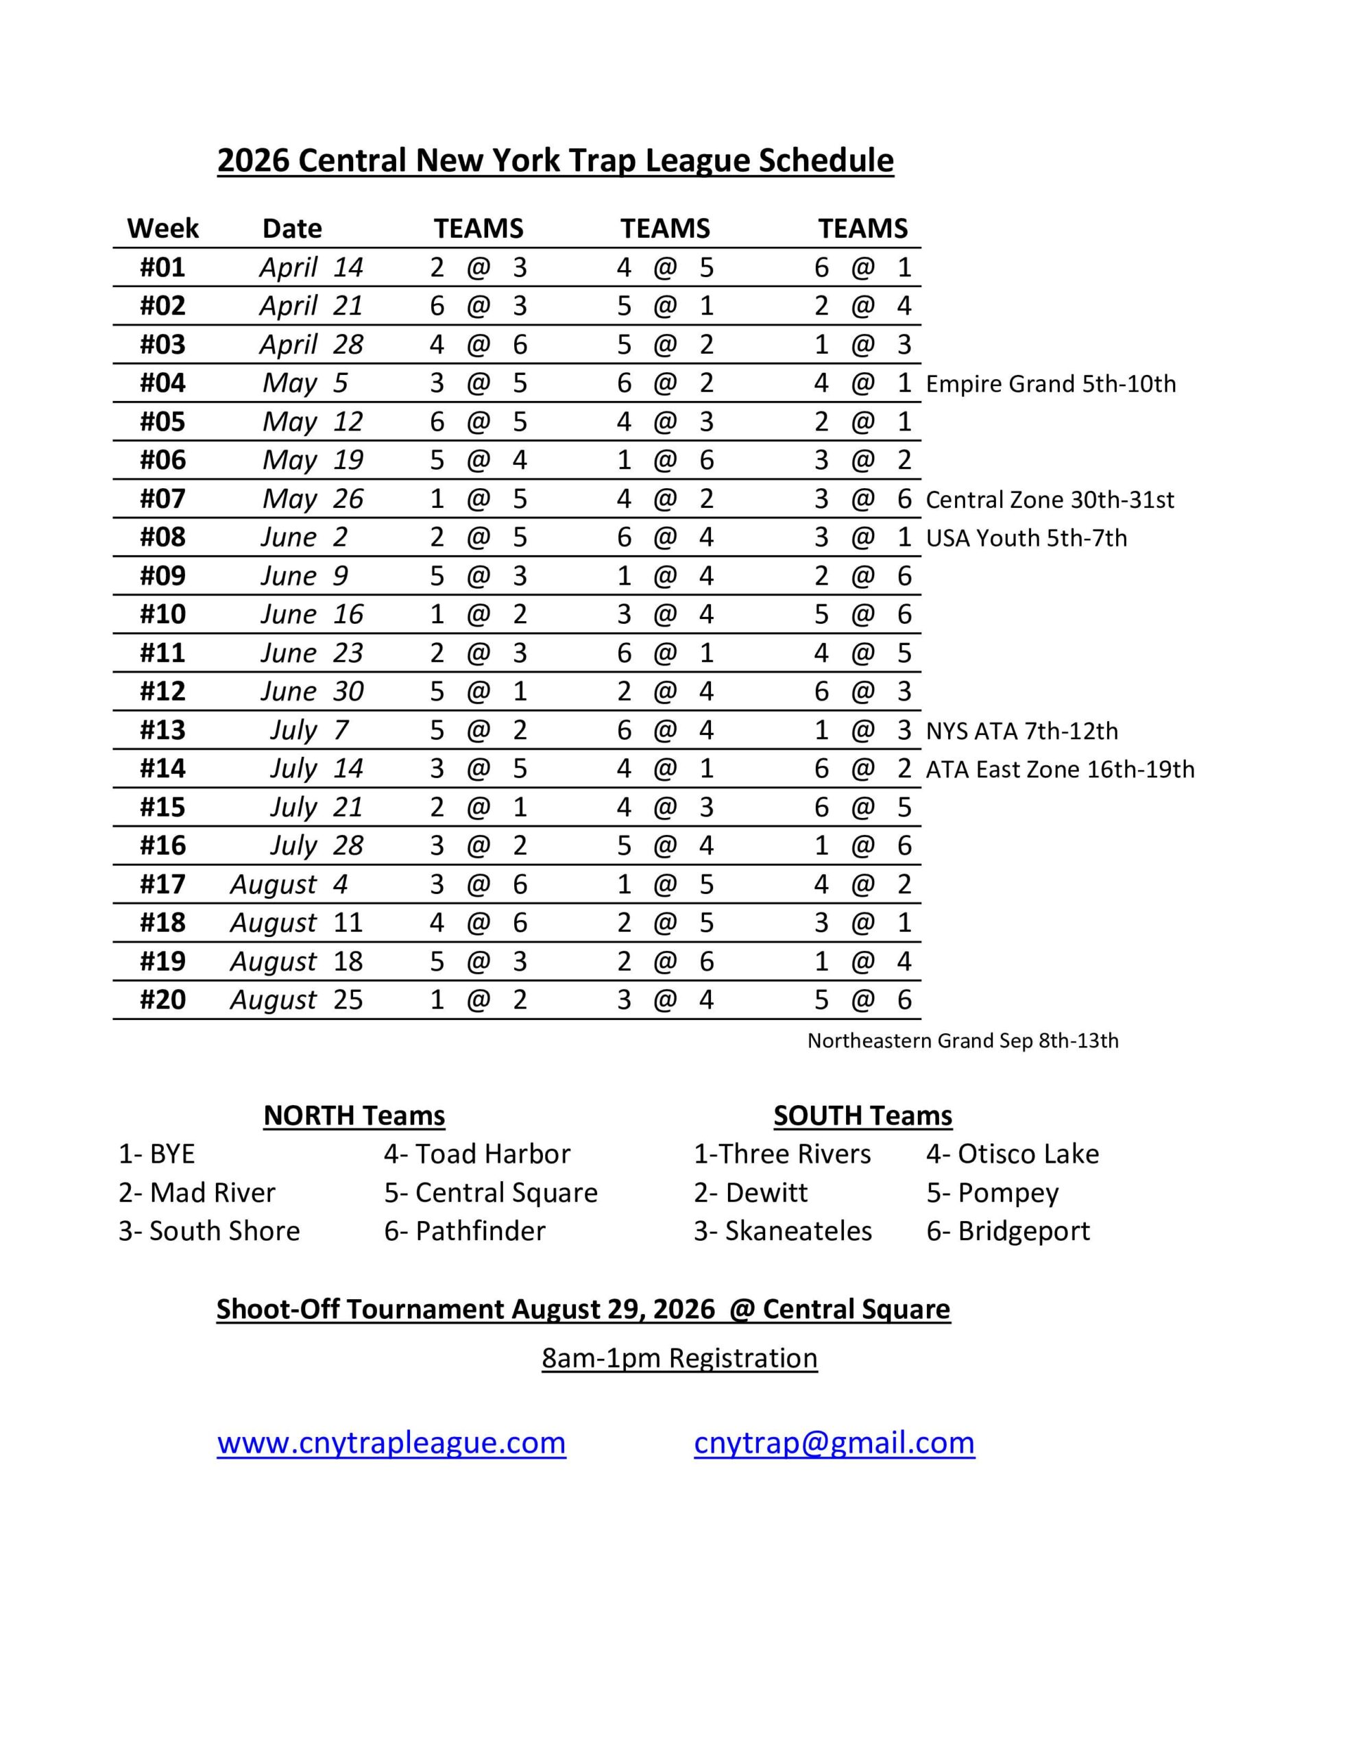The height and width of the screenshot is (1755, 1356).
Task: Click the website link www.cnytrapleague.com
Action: coord(391,1442)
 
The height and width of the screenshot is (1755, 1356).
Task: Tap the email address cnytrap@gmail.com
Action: coord(834,1442)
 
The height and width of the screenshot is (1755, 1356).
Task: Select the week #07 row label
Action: coord(162,499)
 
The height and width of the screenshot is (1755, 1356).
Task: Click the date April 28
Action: coord(311,345)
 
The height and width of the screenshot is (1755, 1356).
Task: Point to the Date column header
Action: coord(292,229)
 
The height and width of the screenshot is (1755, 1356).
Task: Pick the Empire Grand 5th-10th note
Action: coord(1050,384)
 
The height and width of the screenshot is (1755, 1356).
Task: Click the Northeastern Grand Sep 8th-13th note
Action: coord(962,1041)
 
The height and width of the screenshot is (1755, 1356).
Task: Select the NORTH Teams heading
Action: coord(354,1115)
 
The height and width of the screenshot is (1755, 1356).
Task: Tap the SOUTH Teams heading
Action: coord(862,1115)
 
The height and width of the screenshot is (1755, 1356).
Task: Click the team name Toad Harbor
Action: coord(493,1154)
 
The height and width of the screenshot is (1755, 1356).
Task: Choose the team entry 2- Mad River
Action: coord(197,1192)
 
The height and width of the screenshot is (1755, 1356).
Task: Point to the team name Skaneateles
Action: coord(798,1231)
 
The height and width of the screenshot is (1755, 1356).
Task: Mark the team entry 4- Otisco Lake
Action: coord(1012,1154)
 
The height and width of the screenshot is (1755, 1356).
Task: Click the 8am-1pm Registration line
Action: coord(679,1358)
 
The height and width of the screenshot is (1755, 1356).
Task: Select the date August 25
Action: coord(297,1000)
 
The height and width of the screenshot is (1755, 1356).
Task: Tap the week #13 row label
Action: coord(162,729)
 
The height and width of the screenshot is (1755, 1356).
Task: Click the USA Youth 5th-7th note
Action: coord(1026,538)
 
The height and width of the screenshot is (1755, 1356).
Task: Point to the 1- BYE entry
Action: coord(157,1154)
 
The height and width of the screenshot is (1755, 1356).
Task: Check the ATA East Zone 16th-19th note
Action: coord(1059,770)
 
